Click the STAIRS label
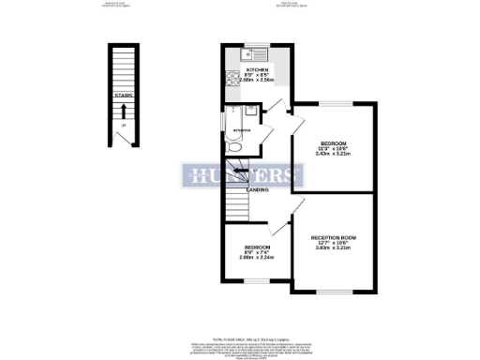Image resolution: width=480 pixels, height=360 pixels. [x=121, y=94]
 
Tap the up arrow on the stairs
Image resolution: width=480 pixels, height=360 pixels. [x=121, y=112]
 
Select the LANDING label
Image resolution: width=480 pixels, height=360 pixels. [x=259, y=190]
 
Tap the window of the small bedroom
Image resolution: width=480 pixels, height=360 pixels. [x=249, y=277]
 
